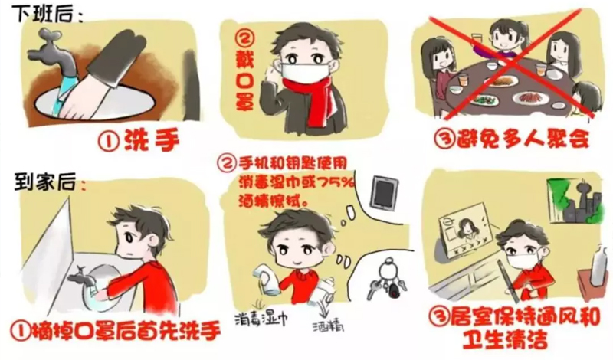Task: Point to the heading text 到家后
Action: [45, 181]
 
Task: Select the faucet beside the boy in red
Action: [81, 277]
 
